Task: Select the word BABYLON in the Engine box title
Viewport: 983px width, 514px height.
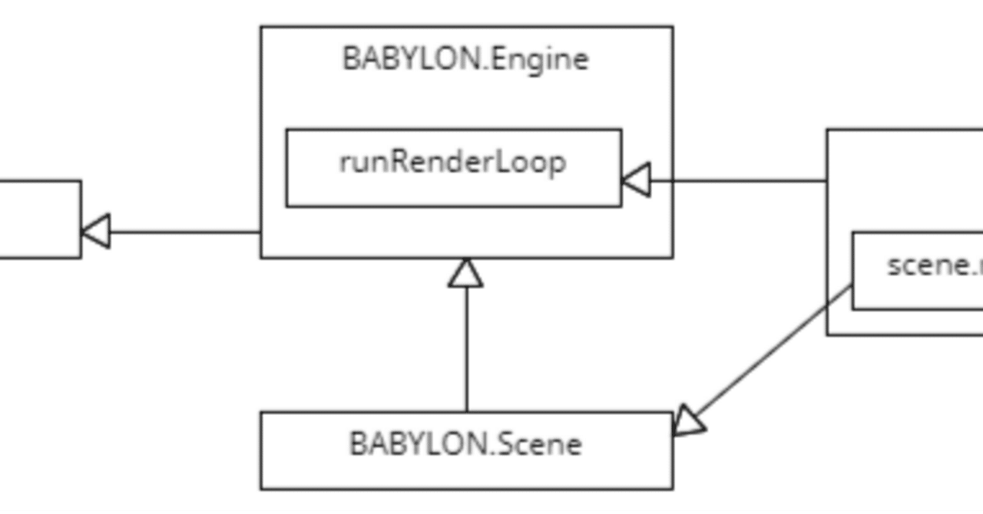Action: click(x=411, y=59)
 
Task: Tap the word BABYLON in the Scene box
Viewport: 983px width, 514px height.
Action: click(x=418, y=443)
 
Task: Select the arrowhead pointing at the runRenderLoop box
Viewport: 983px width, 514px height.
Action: click(x=636, y=180)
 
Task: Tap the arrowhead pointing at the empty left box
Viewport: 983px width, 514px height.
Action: click(x=96, y=231)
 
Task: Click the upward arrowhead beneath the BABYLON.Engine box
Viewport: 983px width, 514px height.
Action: click(x=466, y=274)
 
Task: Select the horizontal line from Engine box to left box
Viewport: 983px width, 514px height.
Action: click(x=184, y=231)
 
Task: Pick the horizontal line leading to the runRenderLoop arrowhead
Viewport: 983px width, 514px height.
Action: click(x=737, y=181)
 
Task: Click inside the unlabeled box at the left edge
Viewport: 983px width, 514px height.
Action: click(x=38, y=219)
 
